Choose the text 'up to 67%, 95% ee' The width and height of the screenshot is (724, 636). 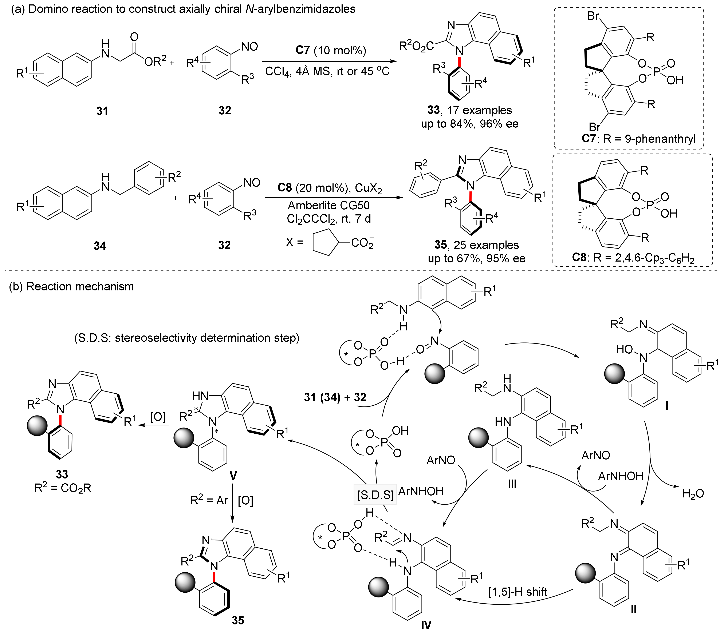coord(476,258)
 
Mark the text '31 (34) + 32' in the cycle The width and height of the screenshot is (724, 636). coord(335,397)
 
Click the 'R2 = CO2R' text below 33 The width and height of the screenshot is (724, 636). coord(63,488)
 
